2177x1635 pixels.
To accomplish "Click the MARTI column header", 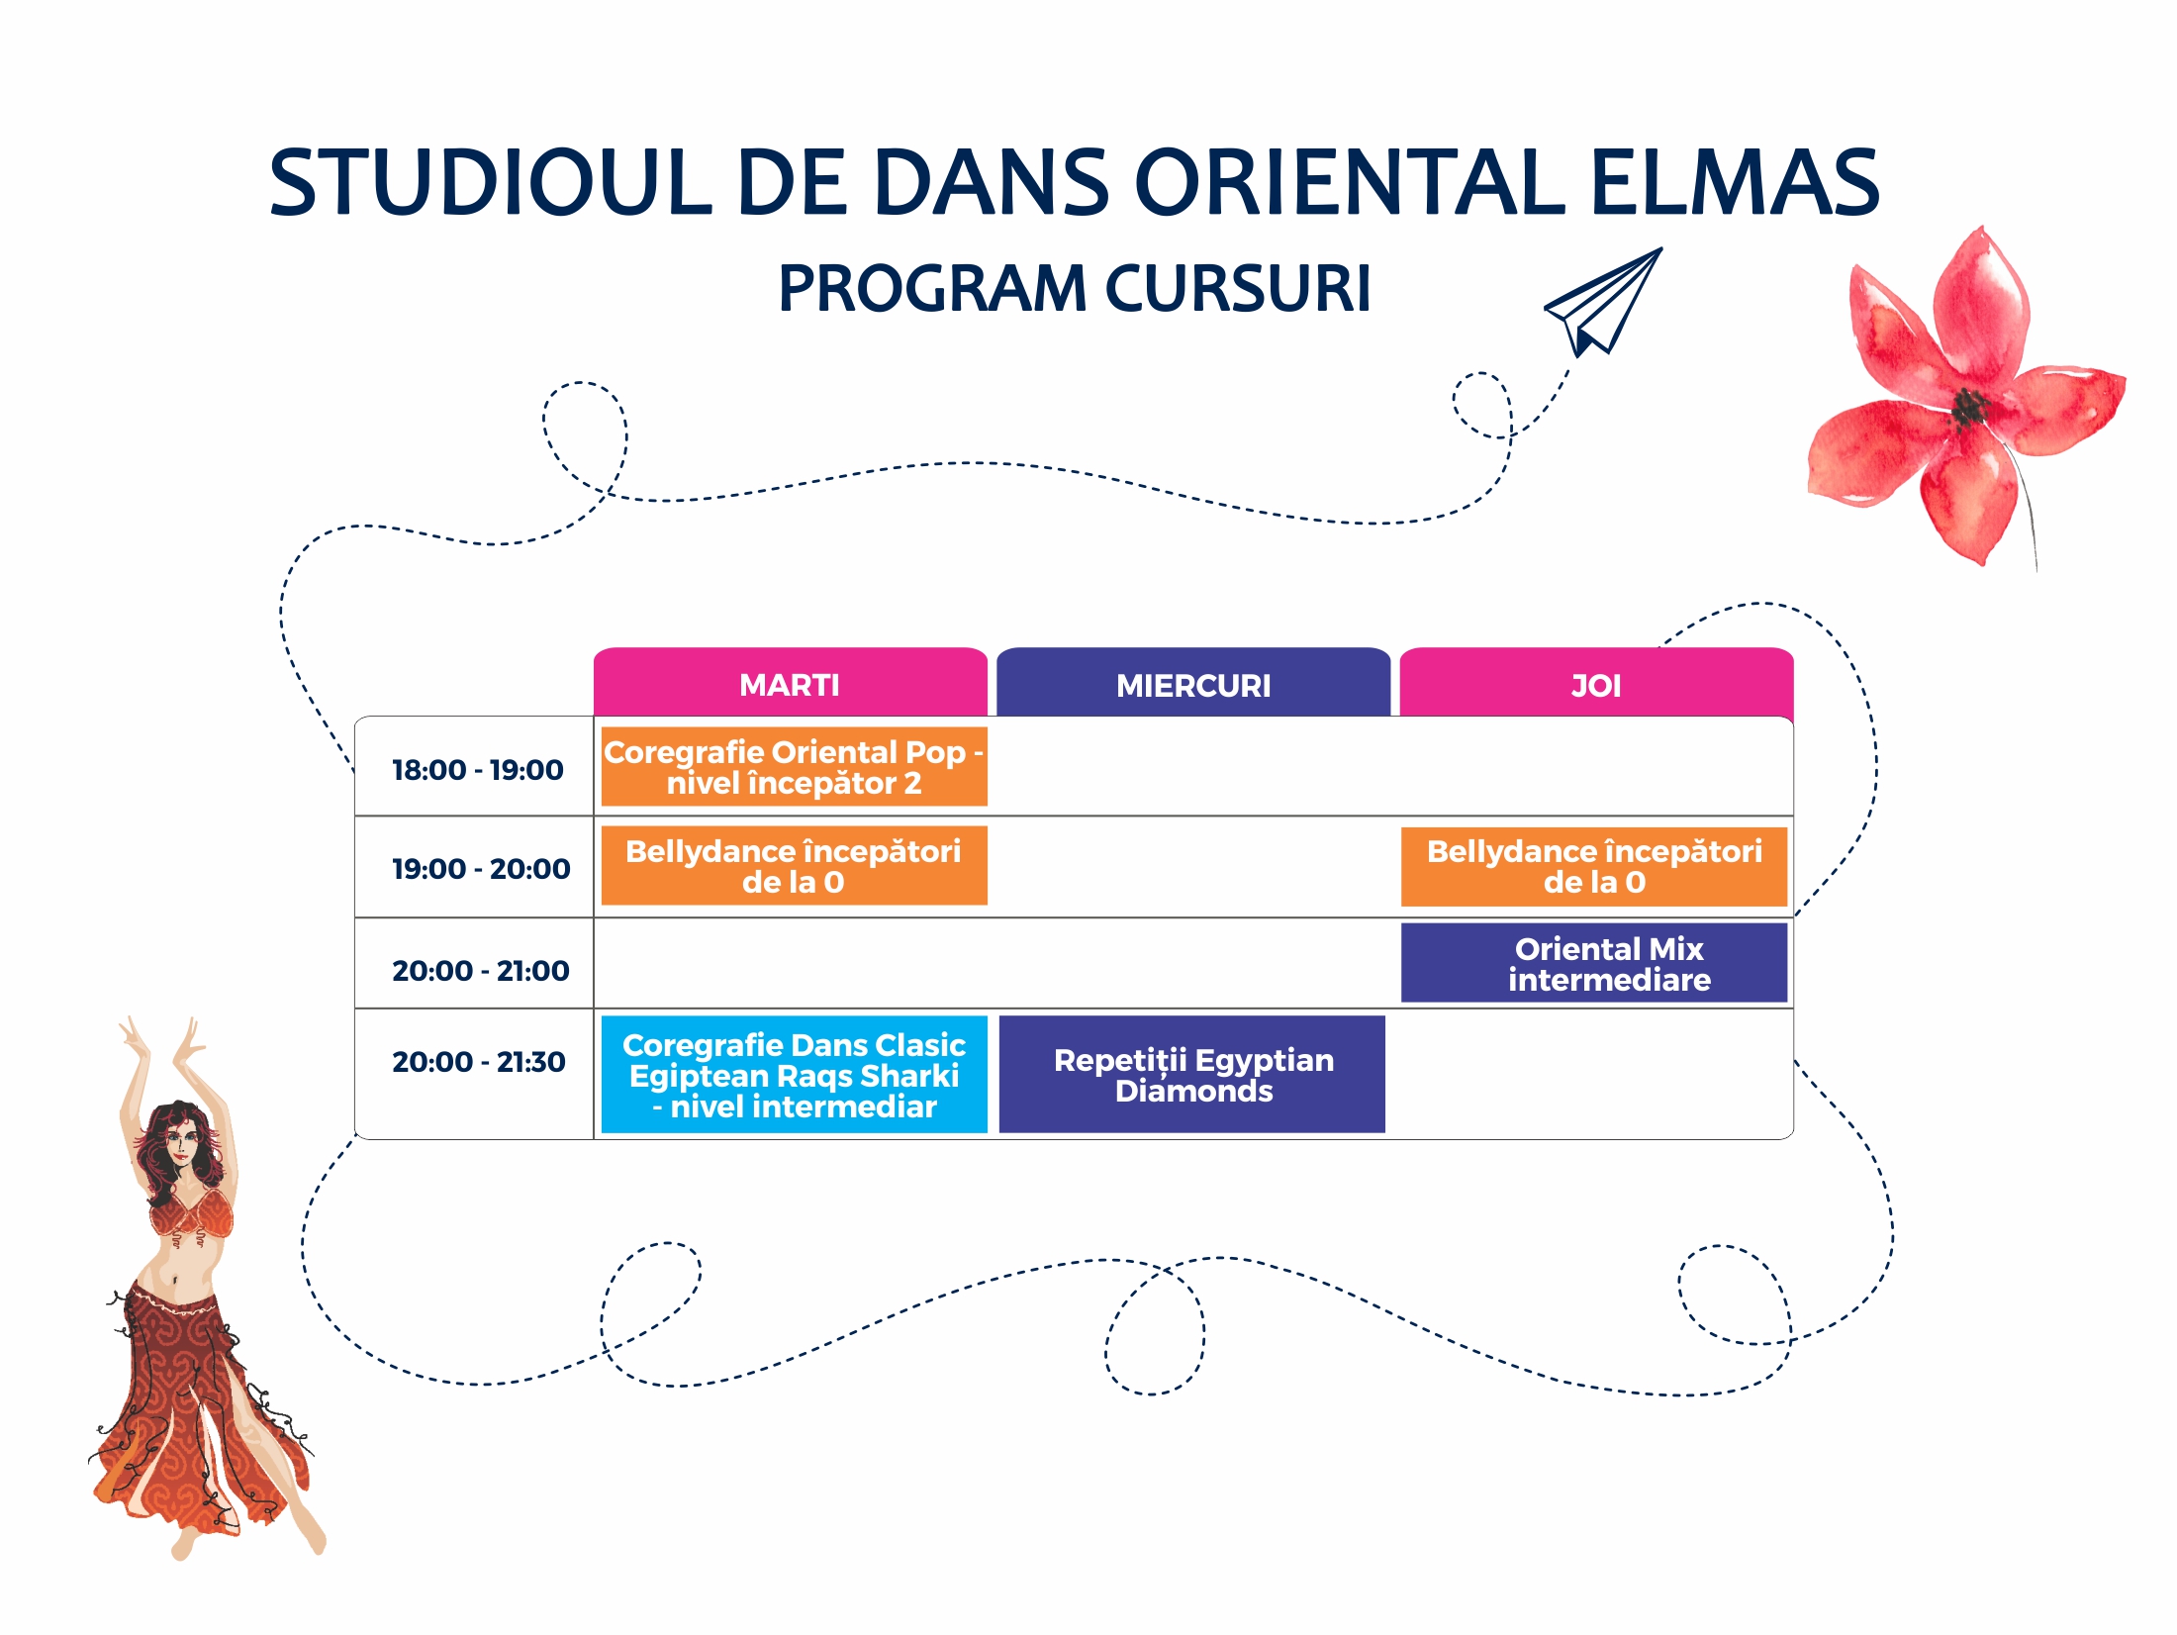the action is [790, 682].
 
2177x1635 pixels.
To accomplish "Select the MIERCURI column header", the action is [1193, 682].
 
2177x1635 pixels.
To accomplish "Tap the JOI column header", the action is [1596, 682].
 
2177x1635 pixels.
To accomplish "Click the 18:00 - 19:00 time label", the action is [477, 770].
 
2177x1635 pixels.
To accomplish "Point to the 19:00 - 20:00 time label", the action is [481, 869].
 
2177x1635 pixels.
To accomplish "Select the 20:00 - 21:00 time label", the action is [481, 971].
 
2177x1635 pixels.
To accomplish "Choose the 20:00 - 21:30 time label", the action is [479, 1062].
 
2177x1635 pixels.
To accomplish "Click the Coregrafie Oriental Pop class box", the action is [795, 767].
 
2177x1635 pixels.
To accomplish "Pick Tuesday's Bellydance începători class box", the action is [795, 866].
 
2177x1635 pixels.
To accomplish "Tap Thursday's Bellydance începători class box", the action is [1594, 866].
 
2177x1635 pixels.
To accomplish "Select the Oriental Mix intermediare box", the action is [1594, 963].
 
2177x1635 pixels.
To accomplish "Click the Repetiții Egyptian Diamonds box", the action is [1192, 1074].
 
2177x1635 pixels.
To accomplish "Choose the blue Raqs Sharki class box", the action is [795, 1074].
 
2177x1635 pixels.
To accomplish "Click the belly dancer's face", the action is [180, 1147].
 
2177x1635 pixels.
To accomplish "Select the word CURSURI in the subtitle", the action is [1238, 288].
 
